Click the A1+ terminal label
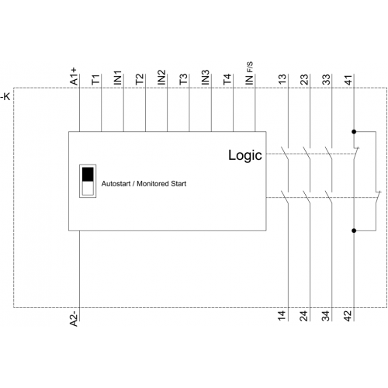click(x=74, y=76)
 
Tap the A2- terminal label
click(x=74, y=319)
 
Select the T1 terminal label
click(x=95, y=79)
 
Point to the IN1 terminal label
click(x=118, y=78)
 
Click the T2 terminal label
click(x=140, y=79)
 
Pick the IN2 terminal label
click(x=161, y=78)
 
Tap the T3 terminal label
click(x=184, y=79)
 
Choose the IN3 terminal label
click(x=206, y=78)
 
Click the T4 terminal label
click(x=227, y=79)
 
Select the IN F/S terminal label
click(x=249, y=74)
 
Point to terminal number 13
click(x=282, y=79)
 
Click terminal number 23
click(x=304, y=79)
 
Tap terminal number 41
click(x=348, y=79)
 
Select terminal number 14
click(x=282, y=316)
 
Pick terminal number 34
click(x=327, y=316)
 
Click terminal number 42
click(x=348, y=316)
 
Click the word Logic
click(x=245, y=156)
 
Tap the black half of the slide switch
click(x=88, y=174)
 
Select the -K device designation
click(x=5, y=97)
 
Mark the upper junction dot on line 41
click(x=354, y=132)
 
